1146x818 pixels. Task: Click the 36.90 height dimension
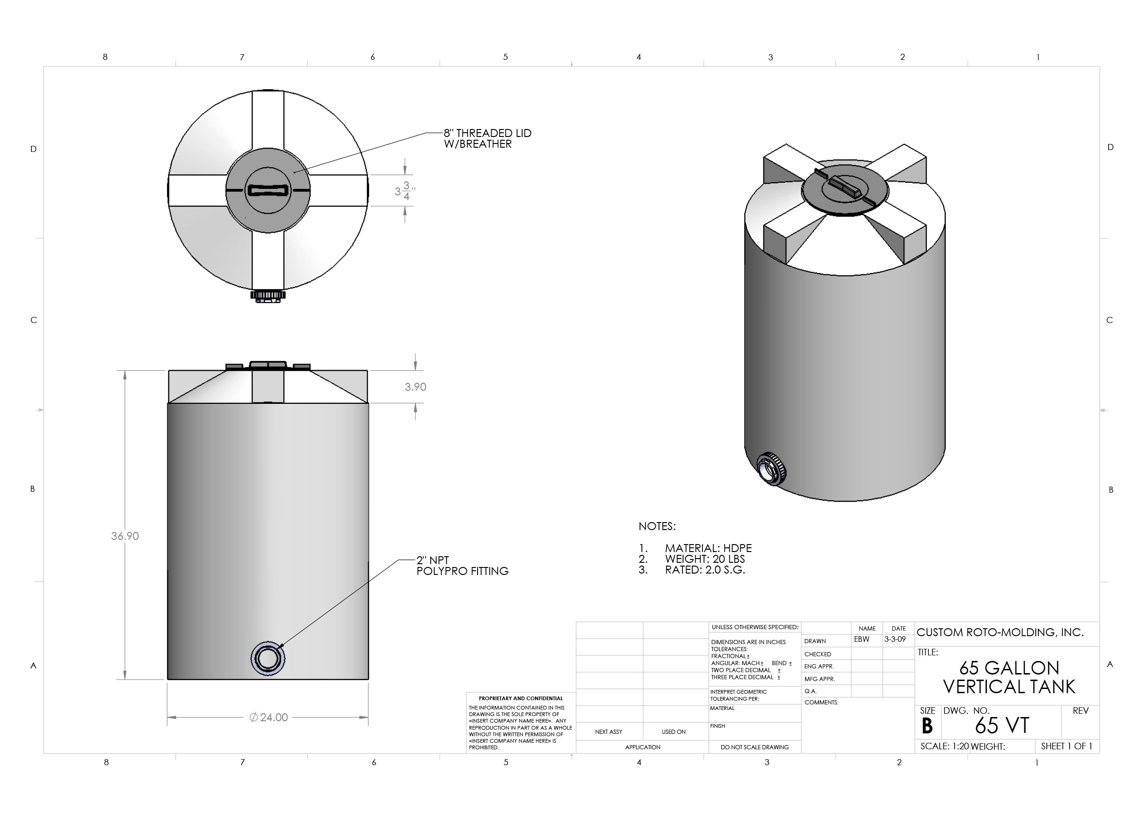(x=124, y=536)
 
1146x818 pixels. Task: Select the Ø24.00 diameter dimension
(x=268, y=717)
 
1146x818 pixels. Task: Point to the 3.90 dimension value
(x=415, y=387)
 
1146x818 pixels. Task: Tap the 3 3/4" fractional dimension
(x=405, y=191)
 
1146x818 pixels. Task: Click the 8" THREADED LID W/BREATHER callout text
(x=487, y=138)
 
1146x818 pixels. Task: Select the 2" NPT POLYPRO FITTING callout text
(x=462, y=566)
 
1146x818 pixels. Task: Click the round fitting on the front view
(x=268, y=658)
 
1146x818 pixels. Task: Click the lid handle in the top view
(x=268, y=190)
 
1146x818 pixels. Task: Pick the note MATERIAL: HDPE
(x=708, y=548)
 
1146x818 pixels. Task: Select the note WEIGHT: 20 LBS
(x=704, y=559)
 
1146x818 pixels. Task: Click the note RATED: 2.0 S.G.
(x=704, y=570)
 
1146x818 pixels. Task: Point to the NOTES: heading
(x=657, y=526)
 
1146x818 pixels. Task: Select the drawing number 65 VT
(x=1001, y=725)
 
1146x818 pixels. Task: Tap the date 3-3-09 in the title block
(x=894, y=639)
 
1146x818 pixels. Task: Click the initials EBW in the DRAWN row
(x=861, y=639)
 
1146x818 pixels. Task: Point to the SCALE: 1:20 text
(x=944, y=746)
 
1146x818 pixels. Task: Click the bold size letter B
(x=927, y=726)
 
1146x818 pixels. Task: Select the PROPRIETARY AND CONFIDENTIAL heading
(x=520, y=698)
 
